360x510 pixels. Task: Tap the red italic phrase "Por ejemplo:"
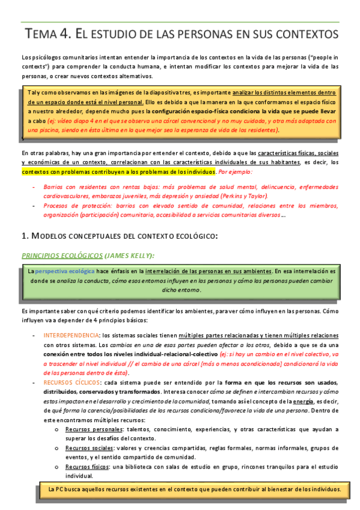coord(237,171)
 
